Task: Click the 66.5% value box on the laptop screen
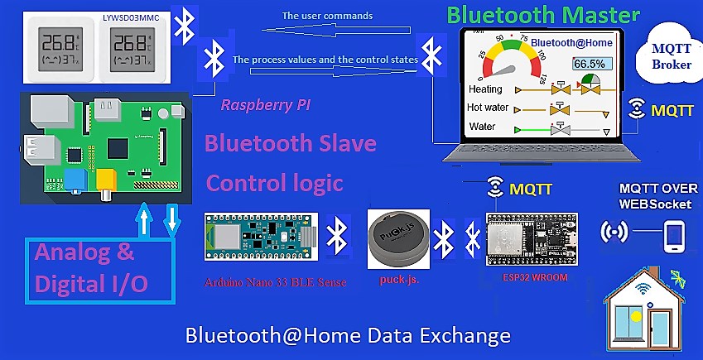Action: pyautogui.click(x=589, y=64)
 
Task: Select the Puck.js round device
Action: pyautogui.click(x=398, y=239)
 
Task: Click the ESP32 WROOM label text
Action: pyautogui.click(x=535, y=277)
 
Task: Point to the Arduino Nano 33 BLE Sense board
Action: pyautogui.click(x=262, y=236)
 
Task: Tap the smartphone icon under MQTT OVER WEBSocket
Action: pyautogui.click(x=674, y=237)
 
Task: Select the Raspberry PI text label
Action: pyautogui.click(x=266, y=105)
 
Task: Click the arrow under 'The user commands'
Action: pyautogui.click(x=336, y=30)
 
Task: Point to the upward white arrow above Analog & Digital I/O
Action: pyautogui.click(x=144, y=220)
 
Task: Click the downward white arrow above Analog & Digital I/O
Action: pyautogui.click(x=172, y=220)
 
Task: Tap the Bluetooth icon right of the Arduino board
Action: pyautogui.click(x=337, y=236)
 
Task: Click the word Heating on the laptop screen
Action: pyautogui.click(x=485, y=89)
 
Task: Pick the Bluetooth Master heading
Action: pyautogui.click(x=543, y=15)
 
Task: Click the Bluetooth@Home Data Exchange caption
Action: pyautogui.click(x=348, y=335)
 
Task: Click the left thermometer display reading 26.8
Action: pyautogui.click(x=59, y=49)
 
